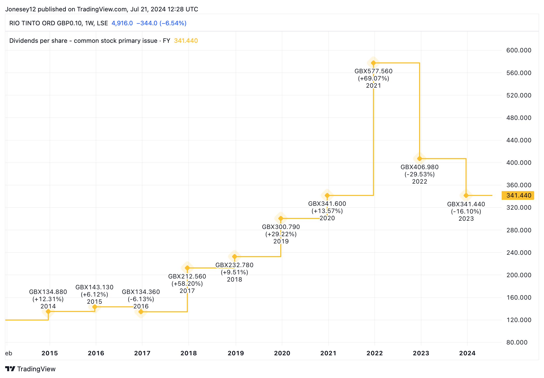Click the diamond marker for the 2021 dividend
tap(373, 63)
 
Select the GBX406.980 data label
tap(419, 167)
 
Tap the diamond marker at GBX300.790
tap(281, 218)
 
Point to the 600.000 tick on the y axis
tap(519, 50)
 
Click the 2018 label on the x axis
tap(189, 353)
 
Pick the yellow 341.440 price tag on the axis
tap(518, 195)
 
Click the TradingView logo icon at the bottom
tap(10, 369)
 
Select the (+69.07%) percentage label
tap(373, 78)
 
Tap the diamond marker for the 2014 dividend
tap(48, 311)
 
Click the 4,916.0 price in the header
tap(122, 23)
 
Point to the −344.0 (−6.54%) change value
tap(161, 23)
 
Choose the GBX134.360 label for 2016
tap(141, 292)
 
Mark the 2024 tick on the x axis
tap(467, 353)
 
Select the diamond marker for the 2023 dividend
tap(466, 195)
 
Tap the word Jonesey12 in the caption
tap(20, 9)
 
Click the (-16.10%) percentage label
tap(466, 211)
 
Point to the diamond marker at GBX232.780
tap(235, 257)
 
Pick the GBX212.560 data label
tap(187, 276)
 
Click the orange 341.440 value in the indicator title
tap(186, 41)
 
